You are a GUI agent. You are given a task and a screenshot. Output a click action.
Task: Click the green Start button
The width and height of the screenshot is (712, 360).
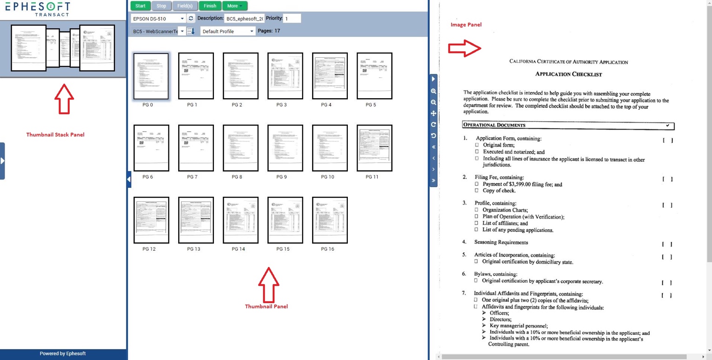140,6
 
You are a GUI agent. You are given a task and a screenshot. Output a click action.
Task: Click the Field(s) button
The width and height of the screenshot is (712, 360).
185,6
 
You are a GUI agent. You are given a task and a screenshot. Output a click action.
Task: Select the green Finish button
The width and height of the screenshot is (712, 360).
210,6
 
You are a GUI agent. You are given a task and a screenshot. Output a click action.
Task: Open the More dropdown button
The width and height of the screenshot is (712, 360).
234,6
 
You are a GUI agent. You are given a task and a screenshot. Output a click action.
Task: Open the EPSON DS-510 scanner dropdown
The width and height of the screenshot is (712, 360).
159,19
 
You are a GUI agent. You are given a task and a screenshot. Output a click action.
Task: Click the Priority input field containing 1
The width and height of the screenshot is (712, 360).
292,19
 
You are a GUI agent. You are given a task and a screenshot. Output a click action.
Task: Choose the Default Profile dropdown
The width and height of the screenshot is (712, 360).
228,31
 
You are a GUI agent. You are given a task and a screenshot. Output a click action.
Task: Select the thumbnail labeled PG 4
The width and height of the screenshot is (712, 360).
330,76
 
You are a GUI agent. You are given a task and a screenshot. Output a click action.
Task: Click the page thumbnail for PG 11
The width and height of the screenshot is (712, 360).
374,148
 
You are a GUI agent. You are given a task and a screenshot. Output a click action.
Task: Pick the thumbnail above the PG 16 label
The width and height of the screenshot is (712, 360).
330,220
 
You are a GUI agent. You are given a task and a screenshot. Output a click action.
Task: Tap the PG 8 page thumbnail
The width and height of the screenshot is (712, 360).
240,148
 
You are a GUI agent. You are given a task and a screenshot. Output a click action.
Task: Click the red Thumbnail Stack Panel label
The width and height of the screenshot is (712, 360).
55,135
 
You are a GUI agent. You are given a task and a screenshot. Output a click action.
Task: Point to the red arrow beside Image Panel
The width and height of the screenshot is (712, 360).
464,48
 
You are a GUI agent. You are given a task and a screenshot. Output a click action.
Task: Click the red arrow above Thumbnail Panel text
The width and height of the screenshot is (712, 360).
268,283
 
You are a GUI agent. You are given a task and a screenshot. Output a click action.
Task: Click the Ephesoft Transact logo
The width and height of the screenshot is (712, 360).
38,8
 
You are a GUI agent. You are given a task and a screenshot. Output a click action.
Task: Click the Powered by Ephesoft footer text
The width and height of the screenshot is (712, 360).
63,353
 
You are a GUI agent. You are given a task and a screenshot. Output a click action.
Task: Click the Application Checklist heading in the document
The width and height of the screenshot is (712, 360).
568,74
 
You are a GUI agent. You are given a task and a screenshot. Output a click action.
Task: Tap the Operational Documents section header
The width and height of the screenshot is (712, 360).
494,125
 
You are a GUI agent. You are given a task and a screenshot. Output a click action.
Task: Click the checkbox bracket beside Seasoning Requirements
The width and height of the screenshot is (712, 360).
667,244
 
